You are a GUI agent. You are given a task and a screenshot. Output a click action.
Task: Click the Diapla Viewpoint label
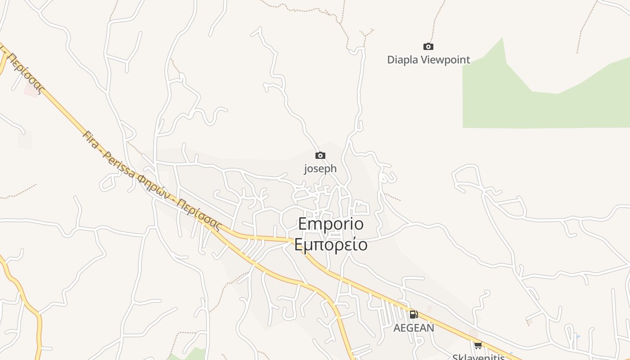pos(428,60)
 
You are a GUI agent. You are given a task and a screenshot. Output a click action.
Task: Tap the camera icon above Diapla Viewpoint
pos(428,46)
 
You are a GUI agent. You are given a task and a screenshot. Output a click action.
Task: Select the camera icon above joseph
pos(320,156)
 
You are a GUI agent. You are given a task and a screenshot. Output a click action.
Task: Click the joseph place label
pos(320,169)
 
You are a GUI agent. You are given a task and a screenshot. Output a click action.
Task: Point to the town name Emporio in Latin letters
pos(331,224)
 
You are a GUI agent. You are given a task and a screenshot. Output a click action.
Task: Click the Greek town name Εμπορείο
pos(331,244)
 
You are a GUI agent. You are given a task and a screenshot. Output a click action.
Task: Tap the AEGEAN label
pos(414,328)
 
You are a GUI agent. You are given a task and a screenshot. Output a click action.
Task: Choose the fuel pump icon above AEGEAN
pos(414,314)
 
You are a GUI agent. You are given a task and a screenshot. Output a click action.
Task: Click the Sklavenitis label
pos(478,357)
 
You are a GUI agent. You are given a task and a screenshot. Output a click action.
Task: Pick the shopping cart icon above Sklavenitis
pos(478,346)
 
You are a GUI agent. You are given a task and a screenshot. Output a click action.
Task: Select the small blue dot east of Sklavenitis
pos(578,336)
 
